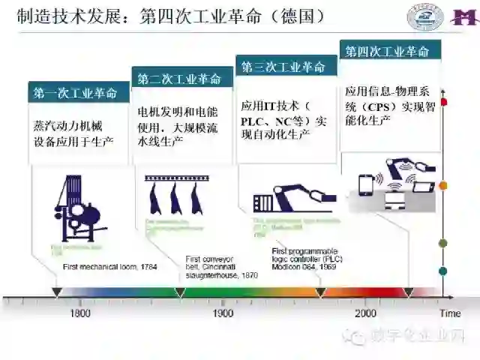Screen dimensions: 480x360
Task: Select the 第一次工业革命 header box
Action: [x=75, y=93]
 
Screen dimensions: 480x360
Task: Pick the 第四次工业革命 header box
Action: [x=387, y=52]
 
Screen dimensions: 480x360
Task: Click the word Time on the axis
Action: [x=450, y=313]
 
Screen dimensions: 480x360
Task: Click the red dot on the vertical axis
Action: [x=444, y=101]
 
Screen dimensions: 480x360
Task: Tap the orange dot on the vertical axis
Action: [x=444, y=184]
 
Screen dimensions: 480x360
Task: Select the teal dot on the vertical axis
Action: [x=444, y=271]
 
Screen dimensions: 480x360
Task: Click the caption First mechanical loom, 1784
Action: [x=109, y=266]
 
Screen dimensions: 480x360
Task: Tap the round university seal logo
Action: [x=425, y=16]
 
